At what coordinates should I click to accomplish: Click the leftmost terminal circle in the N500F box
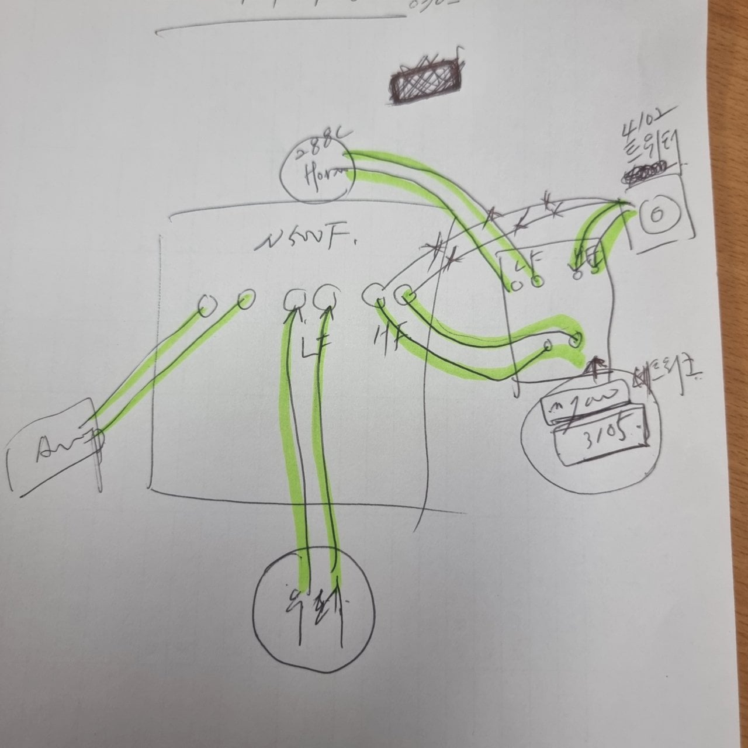pos(206,306)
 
